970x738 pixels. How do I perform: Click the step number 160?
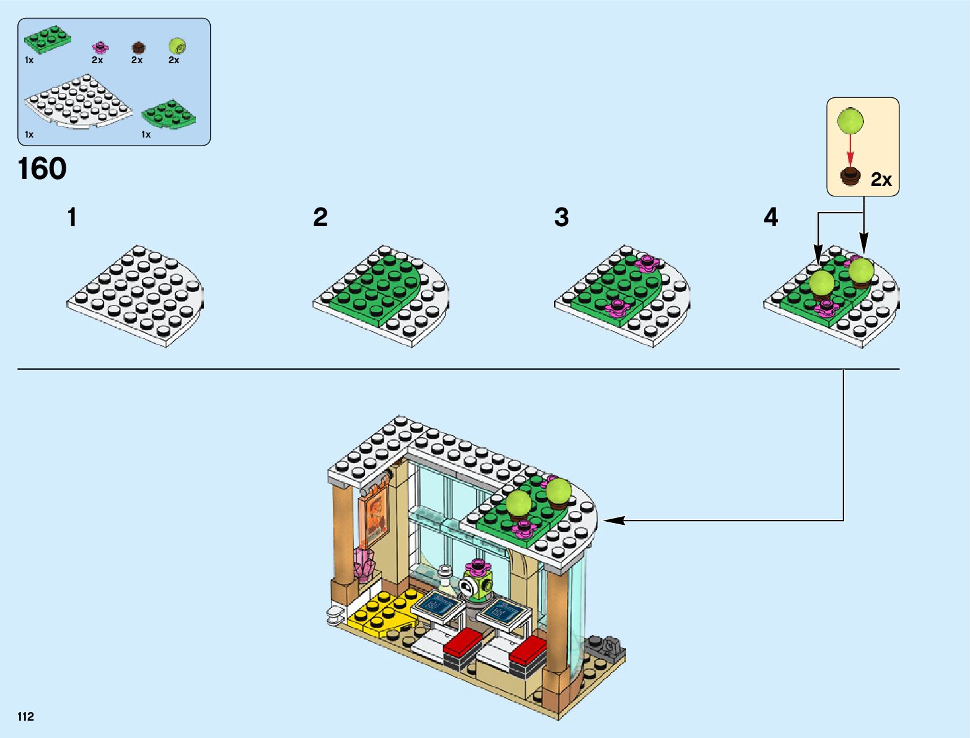pos(42,169)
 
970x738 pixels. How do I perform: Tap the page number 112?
pos(26,717)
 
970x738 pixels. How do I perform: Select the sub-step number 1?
pos(73,217)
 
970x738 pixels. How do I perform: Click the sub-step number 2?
pos(320,217)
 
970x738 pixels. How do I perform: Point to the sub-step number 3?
pos(562,217)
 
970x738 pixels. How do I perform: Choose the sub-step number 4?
pos(770,217)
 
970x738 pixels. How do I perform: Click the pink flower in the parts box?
pos(100,46)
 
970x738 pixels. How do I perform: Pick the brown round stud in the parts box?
pos(138,47)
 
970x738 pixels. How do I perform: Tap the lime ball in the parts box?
pos(177,46)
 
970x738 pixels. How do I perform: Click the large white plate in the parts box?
pos(77,102)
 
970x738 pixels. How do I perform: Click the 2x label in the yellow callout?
pos(881,180)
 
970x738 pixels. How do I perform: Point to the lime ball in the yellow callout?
pos(850,121)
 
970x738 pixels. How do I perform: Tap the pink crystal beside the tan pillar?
pos(364,564)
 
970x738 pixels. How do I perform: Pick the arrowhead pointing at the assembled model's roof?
pos(611,521)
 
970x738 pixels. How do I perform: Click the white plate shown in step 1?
pos(136,294)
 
